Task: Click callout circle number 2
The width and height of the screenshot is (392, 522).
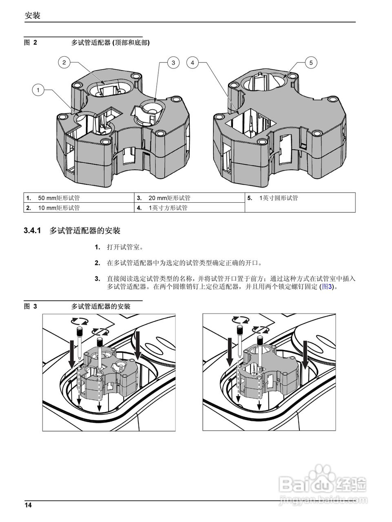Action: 64,62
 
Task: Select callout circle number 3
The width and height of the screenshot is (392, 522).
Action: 173,62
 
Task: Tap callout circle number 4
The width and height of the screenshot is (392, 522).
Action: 193,62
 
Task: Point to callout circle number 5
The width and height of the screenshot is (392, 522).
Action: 311,62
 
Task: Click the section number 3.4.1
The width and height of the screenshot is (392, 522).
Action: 33,231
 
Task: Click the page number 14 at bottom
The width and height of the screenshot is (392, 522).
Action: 28,505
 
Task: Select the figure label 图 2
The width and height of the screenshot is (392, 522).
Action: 31,42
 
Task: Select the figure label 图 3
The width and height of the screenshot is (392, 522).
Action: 31,306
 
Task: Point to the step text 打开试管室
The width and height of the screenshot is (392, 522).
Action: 125,247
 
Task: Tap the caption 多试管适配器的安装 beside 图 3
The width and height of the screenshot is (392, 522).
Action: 101,306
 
